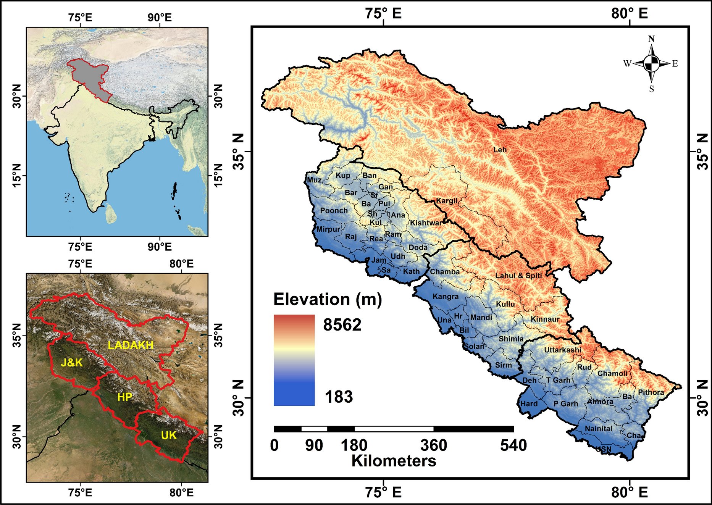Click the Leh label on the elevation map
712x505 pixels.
[500, 150]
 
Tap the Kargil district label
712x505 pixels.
[447, 201]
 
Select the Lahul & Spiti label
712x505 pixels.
[518, 276]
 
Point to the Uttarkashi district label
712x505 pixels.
[562, 350]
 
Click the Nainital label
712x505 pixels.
[598, 429]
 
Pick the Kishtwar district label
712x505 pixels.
[426, 223]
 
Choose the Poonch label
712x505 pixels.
[334, 210]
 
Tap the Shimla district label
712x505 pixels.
[511, 339]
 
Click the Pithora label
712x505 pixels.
[651, 392]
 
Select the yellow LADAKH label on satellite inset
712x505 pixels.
[131, 345]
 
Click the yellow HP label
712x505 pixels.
[124, 397]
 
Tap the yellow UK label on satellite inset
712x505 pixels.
[168, 435]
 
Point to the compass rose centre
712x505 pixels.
[651, 63]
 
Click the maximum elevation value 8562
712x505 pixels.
[342, 325]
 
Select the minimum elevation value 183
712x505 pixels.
[339, 397]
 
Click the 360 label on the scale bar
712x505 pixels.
[434, 445]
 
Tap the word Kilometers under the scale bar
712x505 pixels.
[394, 461]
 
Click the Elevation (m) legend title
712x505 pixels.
[328, 299]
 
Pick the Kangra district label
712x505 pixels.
[446, 297]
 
